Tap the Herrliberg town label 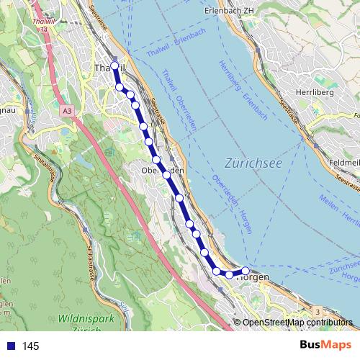pos(312,92)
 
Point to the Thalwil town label pos(108,67)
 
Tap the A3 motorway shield pos(67,111)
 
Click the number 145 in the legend pos(31,346)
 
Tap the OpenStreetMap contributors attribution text pos(297,322)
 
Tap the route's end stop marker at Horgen pos(246,270)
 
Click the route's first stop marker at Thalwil pos(114,66)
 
